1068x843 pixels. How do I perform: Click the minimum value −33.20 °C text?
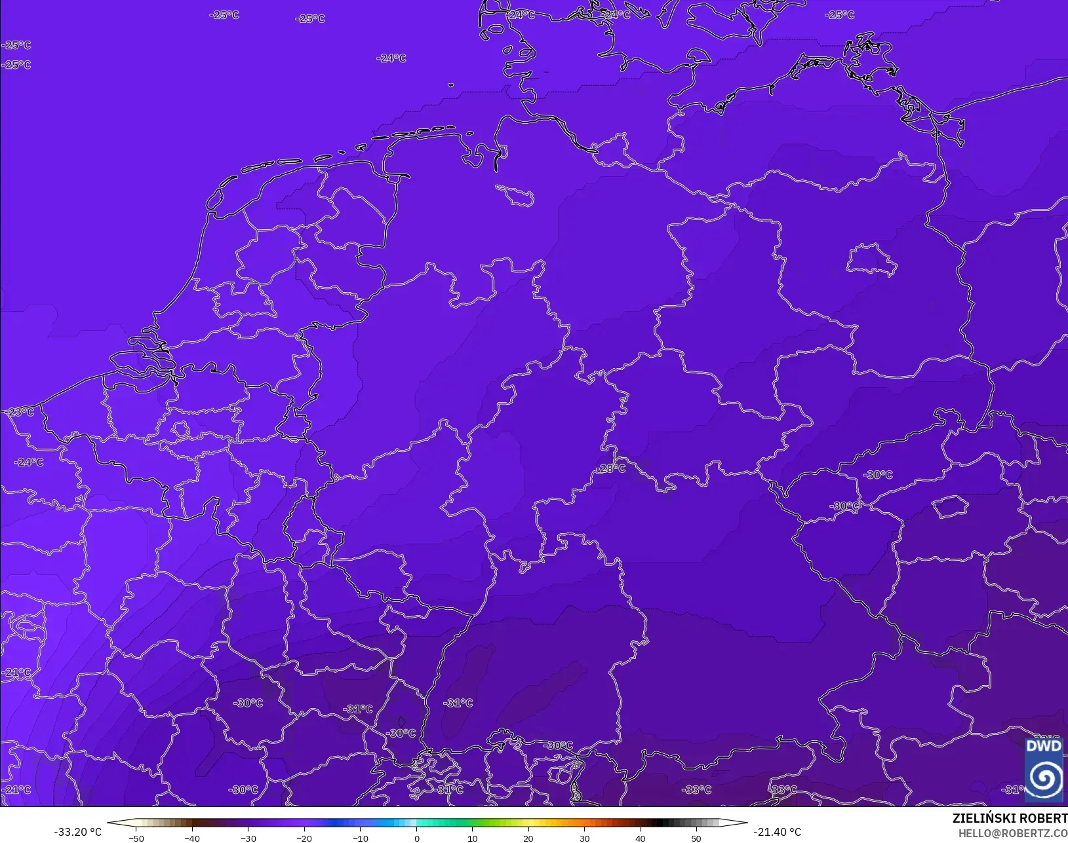coord(77,832)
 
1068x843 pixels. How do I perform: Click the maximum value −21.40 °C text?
coord(777,832)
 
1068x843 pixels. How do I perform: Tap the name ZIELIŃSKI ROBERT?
coord(1010,819)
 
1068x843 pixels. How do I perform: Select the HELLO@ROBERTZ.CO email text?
coord(1013,833)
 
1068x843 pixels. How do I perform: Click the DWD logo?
coord(1044,770)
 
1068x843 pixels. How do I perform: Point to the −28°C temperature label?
coord(610,468)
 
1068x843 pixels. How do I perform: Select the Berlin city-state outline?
coord(871,259)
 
